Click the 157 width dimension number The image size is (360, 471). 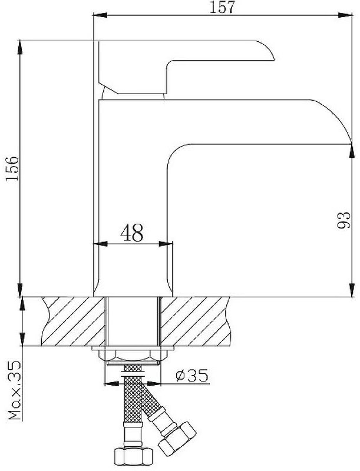[x=222, y=7]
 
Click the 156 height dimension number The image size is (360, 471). [x=12, y=168]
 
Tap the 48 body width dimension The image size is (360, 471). [x=132, y=233]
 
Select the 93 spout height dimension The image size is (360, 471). [x=344, y=220]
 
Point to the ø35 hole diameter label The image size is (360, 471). [x=191, y=375]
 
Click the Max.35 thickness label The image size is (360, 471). [x=14, y=390]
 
